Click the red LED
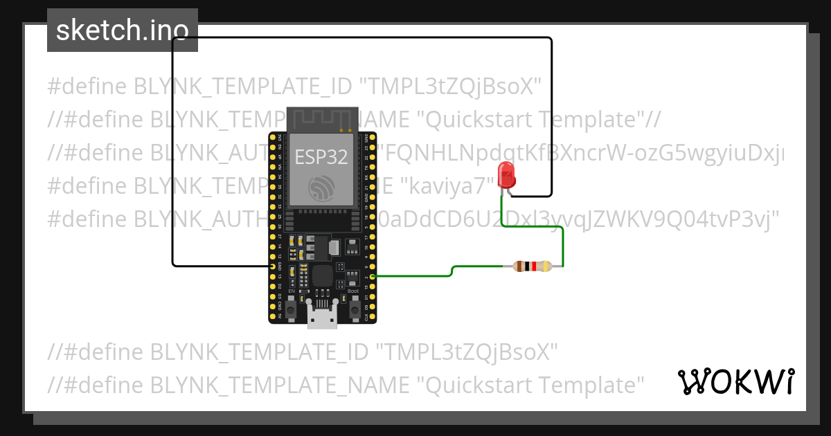point(506,175)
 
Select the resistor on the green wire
point(531,266)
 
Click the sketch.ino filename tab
point(123,30)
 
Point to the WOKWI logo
point(735,381)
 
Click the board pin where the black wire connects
point(272,266)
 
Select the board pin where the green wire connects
point(373,276)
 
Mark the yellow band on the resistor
point(546,266)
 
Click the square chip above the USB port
point(322,276)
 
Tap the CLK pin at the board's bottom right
point(373,317)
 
